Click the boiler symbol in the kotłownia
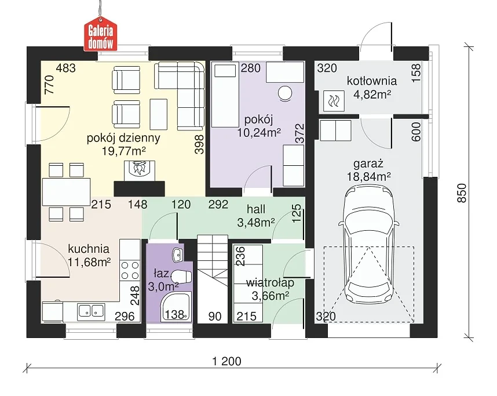(334, 100)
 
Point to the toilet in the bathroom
(182, 276)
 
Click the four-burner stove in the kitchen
(130, 270)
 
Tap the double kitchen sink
(92, 311)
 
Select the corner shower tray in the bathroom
(176, 307)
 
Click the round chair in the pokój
(284, 94)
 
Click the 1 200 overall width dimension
(226, 361)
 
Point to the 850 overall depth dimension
(462, 192)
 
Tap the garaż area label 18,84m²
(368, 177)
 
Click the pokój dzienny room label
(123, 138)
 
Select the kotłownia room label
(372, 81)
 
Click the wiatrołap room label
(271, 282)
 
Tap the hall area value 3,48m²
(256, 223)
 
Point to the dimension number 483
(66, 68)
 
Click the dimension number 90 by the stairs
(214, 316)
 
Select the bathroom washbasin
(177, 255)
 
